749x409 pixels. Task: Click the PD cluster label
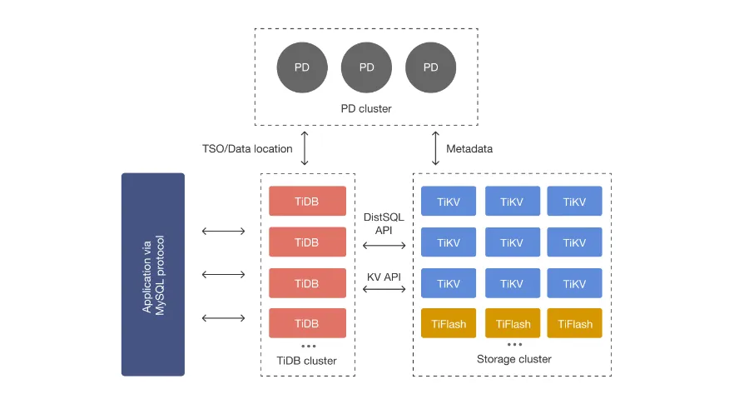tap(366, 109)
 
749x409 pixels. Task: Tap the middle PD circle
tap(366, 67)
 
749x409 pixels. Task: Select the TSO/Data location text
tap(247, 149)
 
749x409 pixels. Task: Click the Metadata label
tap(469, 149)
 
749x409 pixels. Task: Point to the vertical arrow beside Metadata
tap(435, 148)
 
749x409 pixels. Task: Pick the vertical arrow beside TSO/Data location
tap(305, 148)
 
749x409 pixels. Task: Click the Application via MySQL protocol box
tap(153, 275)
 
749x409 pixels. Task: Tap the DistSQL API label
tap(384, 223)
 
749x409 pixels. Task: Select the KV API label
tap(384, 277)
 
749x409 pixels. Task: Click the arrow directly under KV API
tap(384, 289)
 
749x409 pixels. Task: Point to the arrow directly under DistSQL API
tap(384, 246)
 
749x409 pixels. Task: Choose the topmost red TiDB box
tap(307, 201)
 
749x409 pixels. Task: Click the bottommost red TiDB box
tap(307, 323)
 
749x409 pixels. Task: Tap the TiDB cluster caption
tap(306, 361)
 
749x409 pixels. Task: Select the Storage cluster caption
tap(514, 359)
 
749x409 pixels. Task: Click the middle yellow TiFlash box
tap(513, 323)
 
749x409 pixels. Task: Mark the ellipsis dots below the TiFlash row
tap(514, 344)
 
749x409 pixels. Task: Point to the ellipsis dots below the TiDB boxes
tap(309, 346)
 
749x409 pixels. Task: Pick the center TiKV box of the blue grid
tap(513, 242)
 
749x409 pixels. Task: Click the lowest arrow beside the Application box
tap(224, 318)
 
